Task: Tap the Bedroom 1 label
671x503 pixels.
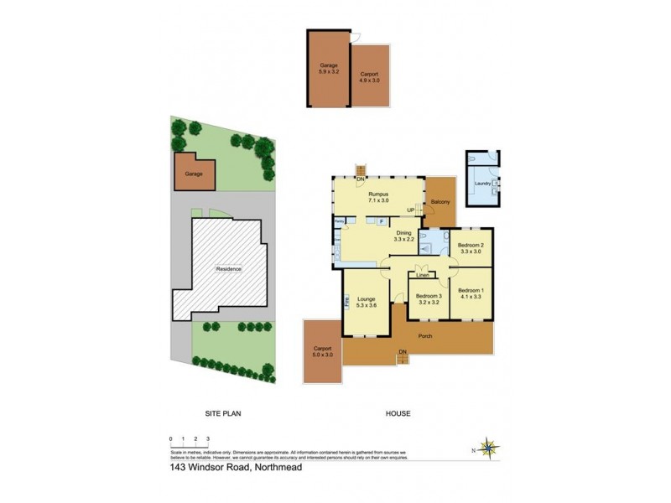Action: click(471, 293)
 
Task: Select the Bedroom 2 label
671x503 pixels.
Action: click(471, 247)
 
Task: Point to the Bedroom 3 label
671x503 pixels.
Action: click(428, 299)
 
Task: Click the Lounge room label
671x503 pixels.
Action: click(366, 302)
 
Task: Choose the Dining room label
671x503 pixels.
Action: click(403, 236)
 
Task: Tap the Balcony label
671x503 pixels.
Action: click(440, 202)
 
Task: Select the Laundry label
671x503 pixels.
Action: click(481, 183)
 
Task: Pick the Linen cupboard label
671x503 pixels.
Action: click(423, 275)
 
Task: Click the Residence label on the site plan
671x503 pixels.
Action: click(229, 269)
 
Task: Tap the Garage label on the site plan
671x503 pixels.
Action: click(195, 174)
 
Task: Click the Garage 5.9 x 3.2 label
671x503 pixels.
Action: click(328, 68)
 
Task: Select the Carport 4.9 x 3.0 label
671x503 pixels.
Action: click(369, 77)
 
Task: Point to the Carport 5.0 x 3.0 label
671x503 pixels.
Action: click(323, 351)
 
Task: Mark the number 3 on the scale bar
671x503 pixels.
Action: click(207, 438)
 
